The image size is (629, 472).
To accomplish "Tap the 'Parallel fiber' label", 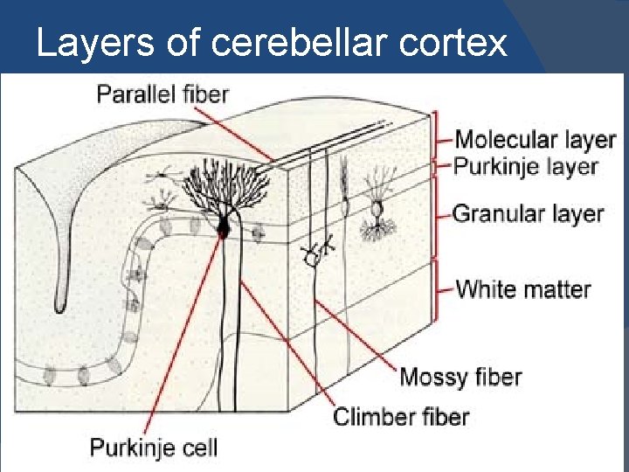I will tap(162, 93).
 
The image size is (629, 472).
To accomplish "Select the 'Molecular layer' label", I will tap(536, 140).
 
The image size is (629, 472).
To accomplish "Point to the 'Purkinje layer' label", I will tap(526, 166).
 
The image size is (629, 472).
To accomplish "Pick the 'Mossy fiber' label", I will tap(460, 378).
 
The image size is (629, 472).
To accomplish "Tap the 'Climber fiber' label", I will tap(402, 417).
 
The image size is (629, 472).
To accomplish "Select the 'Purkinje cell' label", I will tap(154, 448).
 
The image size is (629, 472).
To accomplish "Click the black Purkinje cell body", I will tap(223, 228).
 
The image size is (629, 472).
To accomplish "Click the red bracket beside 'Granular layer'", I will tap(436, 215).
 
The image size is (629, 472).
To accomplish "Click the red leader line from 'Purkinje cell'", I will tap(188, 341).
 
